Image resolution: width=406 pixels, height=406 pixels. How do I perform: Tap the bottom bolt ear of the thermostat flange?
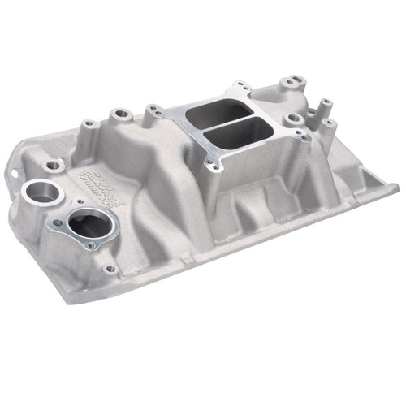[110, 269]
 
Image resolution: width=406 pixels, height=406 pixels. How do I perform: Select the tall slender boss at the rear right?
[326, 105]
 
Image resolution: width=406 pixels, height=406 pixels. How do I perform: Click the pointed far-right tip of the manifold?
[397, 188]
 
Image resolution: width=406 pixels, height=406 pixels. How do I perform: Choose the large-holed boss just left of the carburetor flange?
[122, 115]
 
